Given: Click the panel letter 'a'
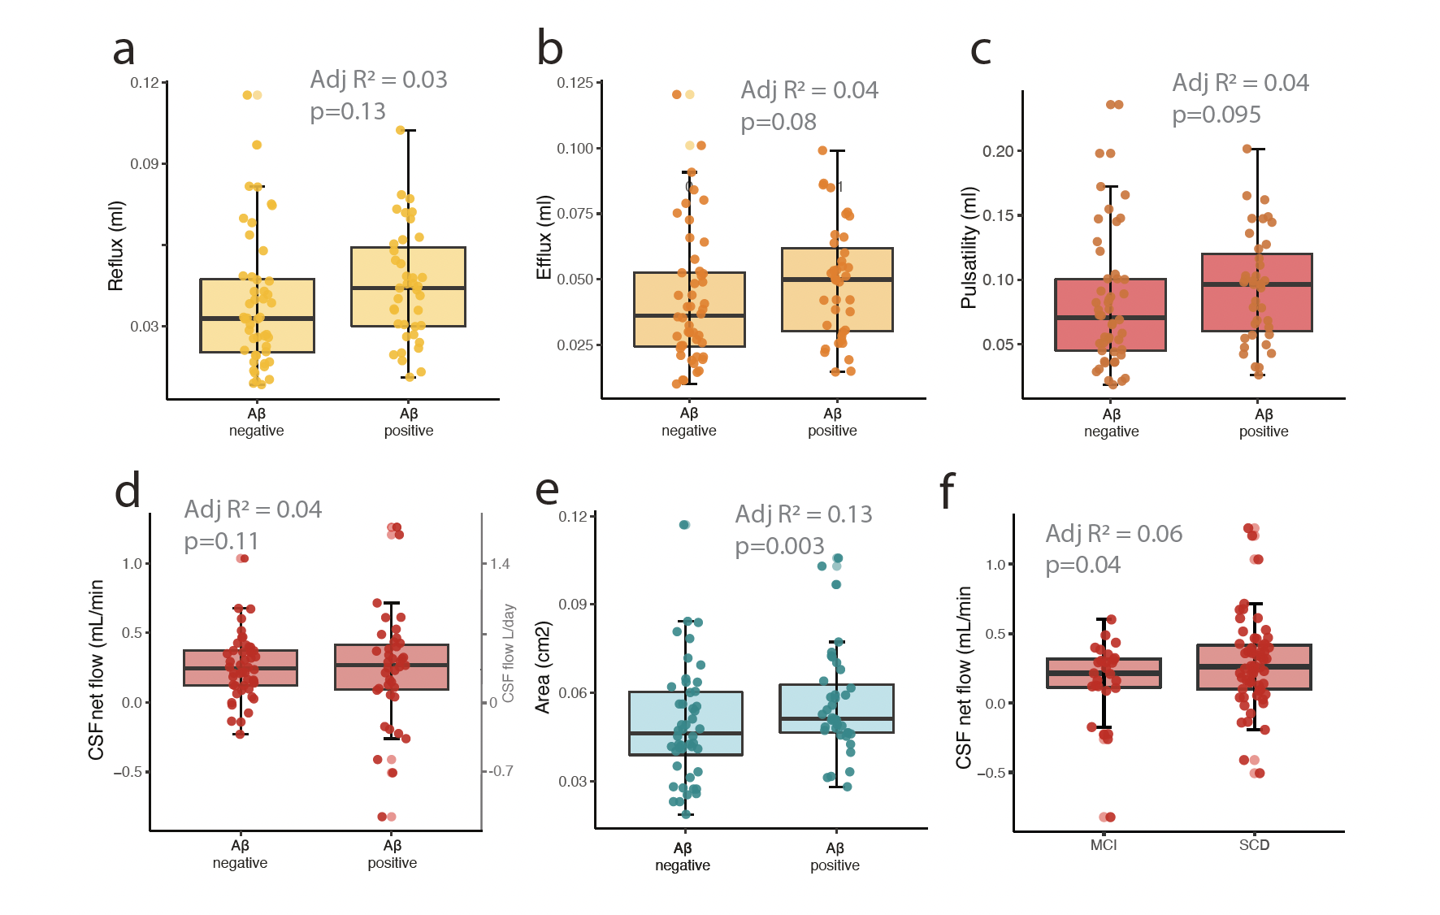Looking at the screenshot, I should pos(124,50).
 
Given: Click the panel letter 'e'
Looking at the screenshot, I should pos(547,490).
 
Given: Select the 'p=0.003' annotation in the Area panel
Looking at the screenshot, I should pos(779,546).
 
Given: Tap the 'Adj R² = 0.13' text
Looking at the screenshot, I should pos(803,514).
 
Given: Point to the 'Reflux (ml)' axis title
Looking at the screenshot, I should pos(116,246).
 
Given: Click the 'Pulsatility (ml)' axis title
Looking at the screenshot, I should pos(968,248).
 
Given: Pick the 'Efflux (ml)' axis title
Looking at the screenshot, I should pos(544,237).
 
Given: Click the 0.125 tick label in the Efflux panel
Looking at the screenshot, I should pos(575,83).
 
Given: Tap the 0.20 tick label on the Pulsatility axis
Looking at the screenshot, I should pos(997,151).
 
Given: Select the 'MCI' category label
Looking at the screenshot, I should pos(1103,845).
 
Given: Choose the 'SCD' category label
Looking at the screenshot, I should pos(1254,845).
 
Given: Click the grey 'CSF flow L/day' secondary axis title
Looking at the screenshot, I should pos(509,653).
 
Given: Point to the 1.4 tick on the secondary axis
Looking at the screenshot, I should pos(500,564).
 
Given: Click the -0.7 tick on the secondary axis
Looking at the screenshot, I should pos(501,771).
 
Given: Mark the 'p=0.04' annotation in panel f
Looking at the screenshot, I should pos(1082,565).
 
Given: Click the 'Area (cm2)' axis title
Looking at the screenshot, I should pos(543,667).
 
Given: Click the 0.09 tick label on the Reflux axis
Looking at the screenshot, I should pos(144,164).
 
